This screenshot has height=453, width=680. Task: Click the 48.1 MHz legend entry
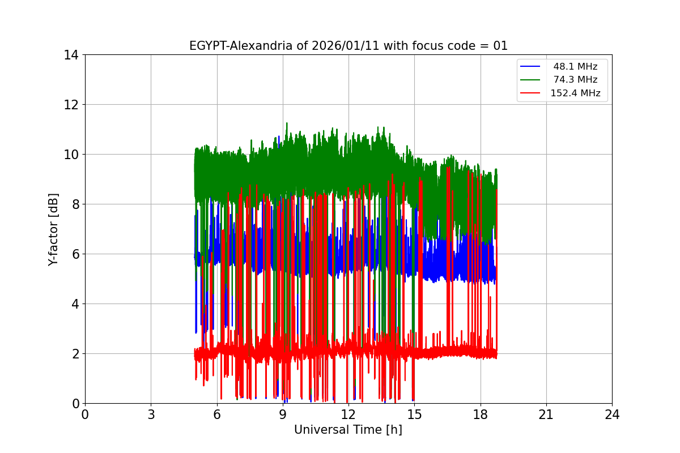coord(575,66)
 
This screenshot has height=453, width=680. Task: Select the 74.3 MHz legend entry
coord(575,80)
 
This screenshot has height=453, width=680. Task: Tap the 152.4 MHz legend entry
coord(575,93)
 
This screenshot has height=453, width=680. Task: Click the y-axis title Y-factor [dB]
coord(53,229)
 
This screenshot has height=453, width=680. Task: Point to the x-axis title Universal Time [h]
coord(348,430)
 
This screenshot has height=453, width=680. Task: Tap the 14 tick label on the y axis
coord(71,55)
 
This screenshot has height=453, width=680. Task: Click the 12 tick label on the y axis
coord(71,105)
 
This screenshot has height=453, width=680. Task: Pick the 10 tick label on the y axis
coord(71,155)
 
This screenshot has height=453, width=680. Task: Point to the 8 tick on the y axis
coord(75,204)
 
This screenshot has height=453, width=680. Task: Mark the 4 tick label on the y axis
coord(75,304)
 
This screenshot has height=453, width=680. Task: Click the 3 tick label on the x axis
coord(151,414)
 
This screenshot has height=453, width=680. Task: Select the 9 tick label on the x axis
coord(283,414)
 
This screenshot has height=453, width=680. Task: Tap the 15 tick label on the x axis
coord(414,414)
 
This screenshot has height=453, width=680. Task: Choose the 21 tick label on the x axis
coord(546,414)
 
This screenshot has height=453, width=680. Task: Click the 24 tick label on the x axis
coord(612,414)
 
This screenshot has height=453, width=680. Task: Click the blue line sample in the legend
coord(532,66)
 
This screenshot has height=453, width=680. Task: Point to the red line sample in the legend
coord(532,93)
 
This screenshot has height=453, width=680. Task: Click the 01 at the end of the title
coord(500,46)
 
